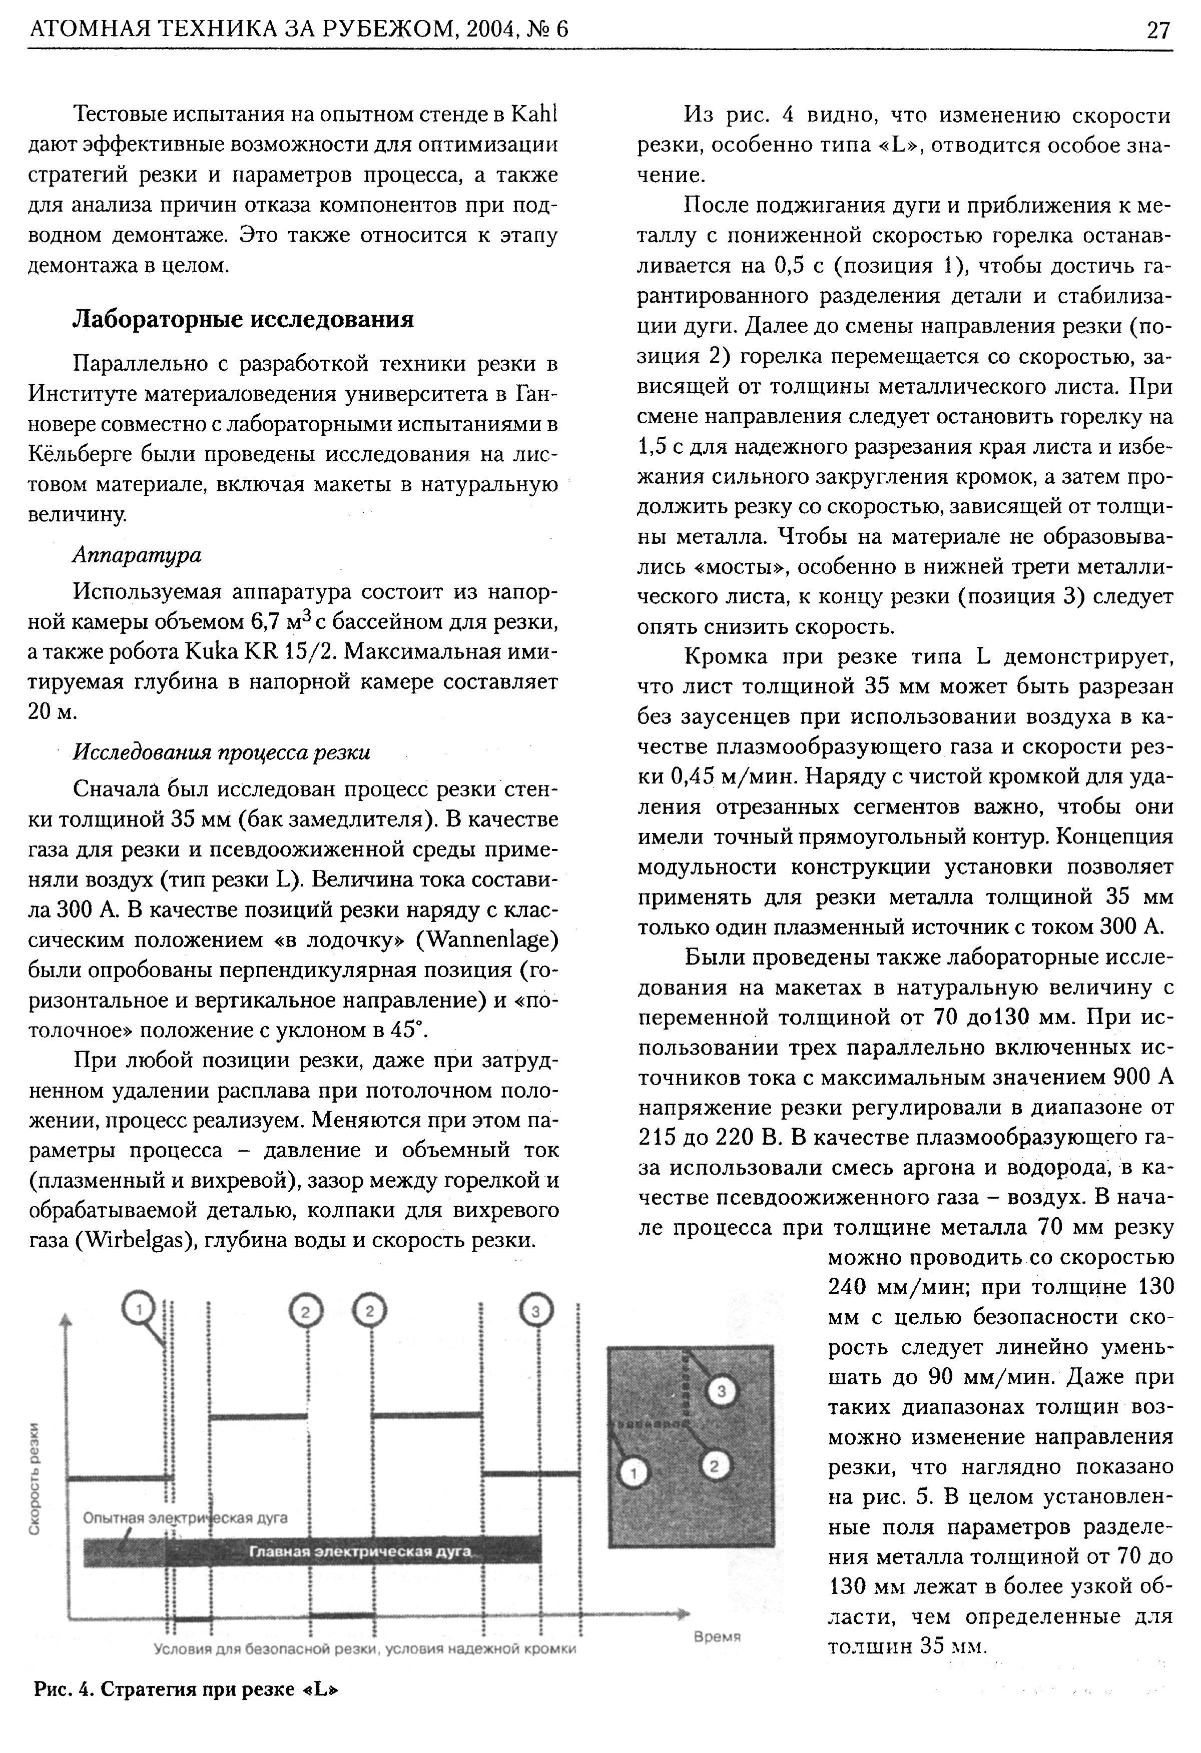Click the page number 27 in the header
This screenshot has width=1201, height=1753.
[1158, 30]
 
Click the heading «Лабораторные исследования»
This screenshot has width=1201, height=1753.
[243, 320]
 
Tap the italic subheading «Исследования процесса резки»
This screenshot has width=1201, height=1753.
[221, 753]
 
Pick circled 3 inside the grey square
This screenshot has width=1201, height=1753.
[721, 1390]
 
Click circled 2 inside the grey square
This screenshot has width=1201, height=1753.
[716, 1465]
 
